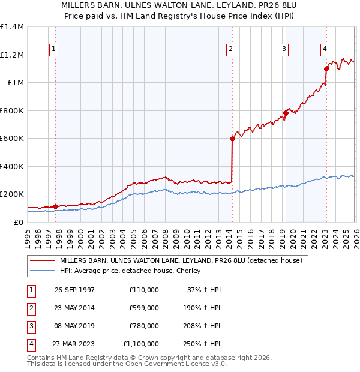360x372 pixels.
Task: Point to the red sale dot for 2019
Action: (286, 113)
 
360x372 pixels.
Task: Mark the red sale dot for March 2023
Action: (326, 68)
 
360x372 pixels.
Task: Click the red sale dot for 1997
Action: (56, 206)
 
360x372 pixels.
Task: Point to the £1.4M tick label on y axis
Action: (12, 27)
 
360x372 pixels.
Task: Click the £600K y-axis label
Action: (12, 139)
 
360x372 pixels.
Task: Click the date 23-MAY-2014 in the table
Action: (74, 308)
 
